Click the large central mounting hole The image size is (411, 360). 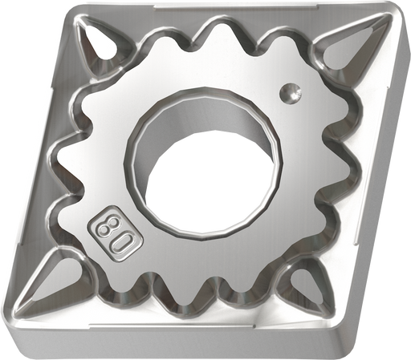tap(203, 163)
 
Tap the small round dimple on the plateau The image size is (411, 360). tap(290, 93)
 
